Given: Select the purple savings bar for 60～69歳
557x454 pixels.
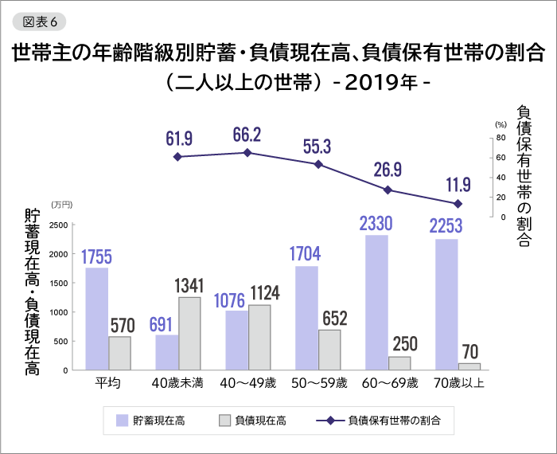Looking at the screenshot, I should point(376,302).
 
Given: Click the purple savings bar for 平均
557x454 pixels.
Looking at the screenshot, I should point(97,319).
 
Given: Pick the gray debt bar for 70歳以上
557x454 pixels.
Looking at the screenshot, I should point(470,366).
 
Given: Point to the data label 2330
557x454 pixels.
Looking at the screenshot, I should point(376,223).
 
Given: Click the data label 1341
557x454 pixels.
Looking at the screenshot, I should point(189,285).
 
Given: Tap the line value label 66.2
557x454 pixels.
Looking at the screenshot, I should point(247,133).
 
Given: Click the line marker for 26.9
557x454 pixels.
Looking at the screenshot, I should point(388,190).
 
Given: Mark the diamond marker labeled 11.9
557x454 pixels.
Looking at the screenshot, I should point(458,204).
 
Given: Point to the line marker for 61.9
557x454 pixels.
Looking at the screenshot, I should point(177,157).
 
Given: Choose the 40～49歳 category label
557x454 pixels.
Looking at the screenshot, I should point(248,383).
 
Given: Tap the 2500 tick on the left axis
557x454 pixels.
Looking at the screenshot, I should point(56,225).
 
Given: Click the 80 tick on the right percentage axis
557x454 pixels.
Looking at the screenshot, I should point(501,137).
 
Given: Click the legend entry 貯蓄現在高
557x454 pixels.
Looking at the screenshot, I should point(149,418).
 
